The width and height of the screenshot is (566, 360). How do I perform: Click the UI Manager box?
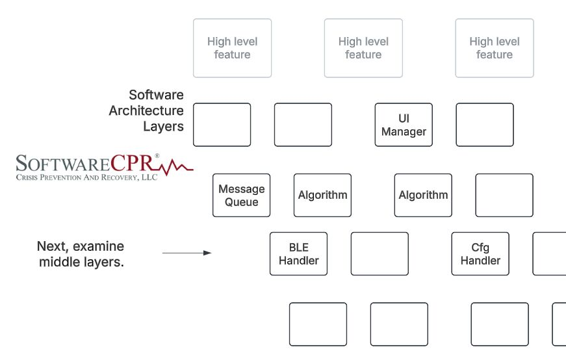coord(404,125)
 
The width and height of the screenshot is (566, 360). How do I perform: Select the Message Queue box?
coord(241,196)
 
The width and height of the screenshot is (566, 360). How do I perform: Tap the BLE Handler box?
coord(298,254)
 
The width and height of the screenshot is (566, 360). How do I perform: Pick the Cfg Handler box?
coord(480,254)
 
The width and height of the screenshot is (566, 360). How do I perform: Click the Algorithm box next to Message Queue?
coord(322,195)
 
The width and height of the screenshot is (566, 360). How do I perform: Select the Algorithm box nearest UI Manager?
coord(423,195)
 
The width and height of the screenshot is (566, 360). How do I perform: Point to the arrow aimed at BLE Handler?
coord(187,253)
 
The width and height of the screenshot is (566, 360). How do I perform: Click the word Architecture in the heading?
coord(146,110)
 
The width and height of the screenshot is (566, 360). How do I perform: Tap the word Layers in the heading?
coord(163,126)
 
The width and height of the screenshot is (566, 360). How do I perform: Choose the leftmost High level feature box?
coord(232,48)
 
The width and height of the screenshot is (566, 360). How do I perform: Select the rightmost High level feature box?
coord(495,48)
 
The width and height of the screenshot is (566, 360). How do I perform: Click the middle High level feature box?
coord(363,48)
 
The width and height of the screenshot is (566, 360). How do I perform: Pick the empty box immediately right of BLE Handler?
coord(379,254)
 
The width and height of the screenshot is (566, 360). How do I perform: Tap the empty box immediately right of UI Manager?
coord(484,125)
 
